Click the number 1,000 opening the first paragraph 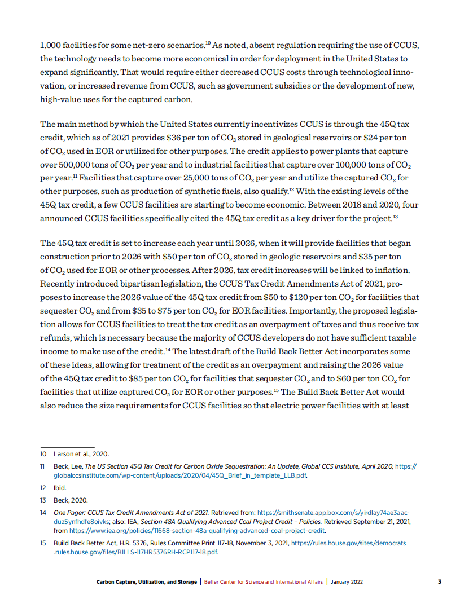coord(50,45)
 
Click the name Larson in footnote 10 coord(63,454)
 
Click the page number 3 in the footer coord(440,581)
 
